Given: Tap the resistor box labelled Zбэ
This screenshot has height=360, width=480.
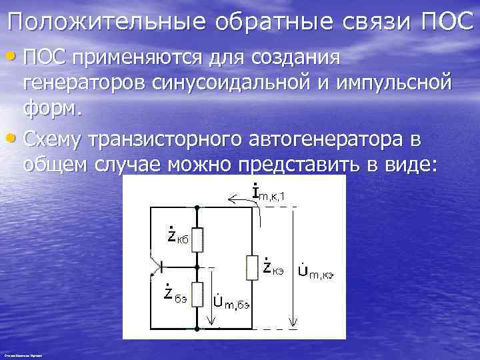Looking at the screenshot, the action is tap(197, 294).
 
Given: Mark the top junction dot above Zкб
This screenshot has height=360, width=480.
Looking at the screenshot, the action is tap(197, 208).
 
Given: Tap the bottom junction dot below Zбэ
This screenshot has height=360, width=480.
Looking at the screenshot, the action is tap(197, 329).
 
